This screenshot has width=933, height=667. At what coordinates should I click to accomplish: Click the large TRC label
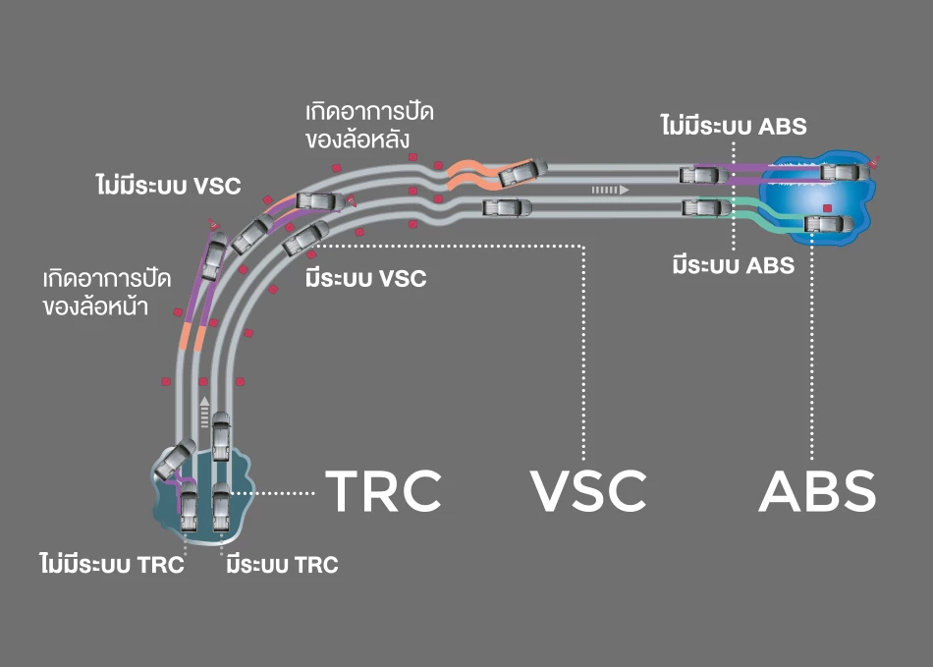pyautogui.click(x=383, y=491)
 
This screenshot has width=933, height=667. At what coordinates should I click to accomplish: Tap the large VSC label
pyautogui.click(x=588, y=491)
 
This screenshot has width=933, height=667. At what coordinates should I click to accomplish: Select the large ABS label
pyautogui.click(x=817, y=491)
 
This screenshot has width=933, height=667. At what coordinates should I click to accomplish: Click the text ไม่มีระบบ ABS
pyautogui.click(x=734, y=126)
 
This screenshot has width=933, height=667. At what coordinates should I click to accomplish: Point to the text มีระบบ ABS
pyautogui.click(x=734, y=265)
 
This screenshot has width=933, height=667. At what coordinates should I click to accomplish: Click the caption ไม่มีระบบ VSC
pyautogui.click(x=168, y=185)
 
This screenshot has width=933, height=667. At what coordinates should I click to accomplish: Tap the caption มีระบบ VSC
pyautogui.click(x=366, y=278)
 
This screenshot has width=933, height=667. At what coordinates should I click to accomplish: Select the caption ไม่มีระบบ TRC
pyautogui.click(x=112, y=564)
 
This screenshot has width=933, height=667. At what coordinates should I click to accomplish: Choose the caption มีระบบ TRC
pyautogui.click(x=282, y=565)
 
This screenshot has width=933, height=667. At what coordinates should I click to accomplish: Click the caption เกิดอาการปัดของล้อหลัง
pyautogui.click(x=369, y=126)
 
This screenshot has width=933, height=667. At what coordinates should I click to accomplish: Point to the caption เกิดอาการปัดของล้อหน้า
pyautogui.click(x=107, y=292)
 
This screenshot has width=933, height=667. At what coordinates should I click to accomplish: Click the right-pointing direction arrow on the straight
pyautogui.click(x=611, y=190)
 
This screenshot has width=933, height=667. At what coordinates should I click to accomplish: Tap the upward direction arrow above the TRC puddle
pyautogui.click(x=204, y=412)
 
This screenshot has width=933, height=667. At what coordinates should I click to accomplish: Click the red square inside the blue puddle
pyautogui.click(x=827, y=208)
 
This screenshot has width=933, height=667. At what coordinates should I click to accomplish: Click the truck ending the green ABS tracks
pyautogui.click(x=828, y=225)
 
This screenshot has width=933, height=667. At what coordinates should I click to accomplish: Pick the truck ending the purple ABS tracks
pyautogui.click(x=845, y=173)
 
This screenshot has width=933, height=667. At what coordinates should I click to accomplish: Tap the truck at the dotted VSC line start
pyautogui.click(x=305, y=238)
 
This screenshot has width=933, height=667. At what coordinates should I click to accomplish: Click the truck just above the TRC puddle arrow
pyautogui.click(x=221, y=435)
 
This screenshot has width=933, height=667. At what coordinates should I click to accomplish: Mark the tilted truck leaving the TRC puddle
pyautogui.click(x=175, y=459)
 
